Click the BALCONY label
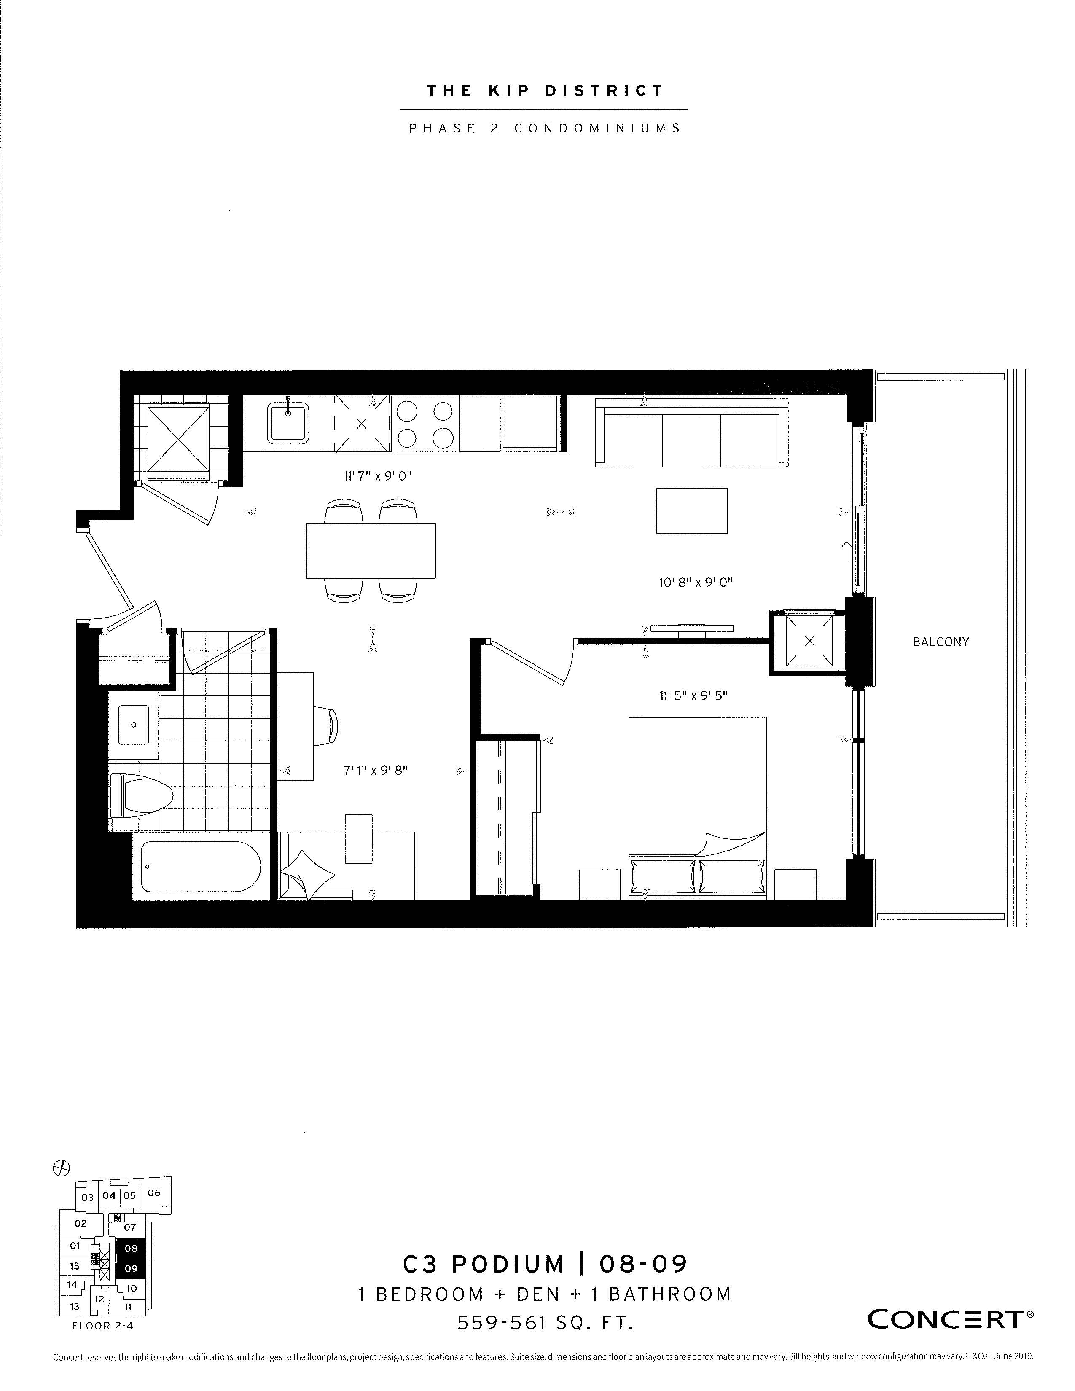[x=940, y=642]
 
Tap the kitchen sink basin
[x=288, y=421]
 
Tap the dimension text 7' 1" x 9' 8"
[x=375, y=771]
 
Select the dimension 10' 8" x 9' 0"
[x=696, y=582]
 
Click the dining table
[x=371, y=550]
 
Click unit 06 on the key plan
[x=153, y=1193]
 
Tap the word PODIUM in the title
[x=508, y=1264]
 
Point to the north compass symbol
[x=61, y=1168]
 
